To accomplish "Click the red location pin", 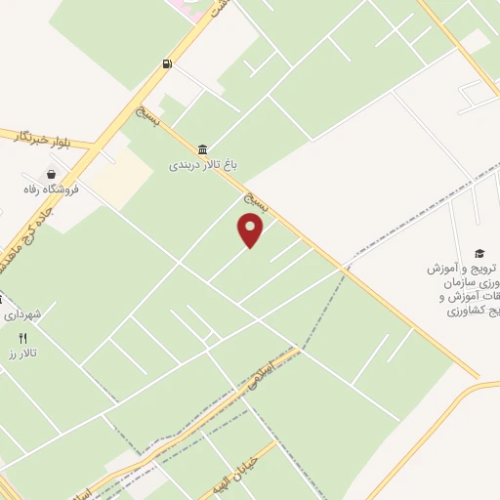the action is pos(251,230).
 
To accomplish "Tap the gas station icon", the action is pos(168,64).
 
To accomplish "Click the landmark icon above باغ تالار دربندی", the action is pos(201,149).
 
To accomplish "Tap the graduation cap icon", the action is pos(479,252).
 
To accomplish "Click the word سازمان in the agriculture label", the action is pos(465,282).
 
